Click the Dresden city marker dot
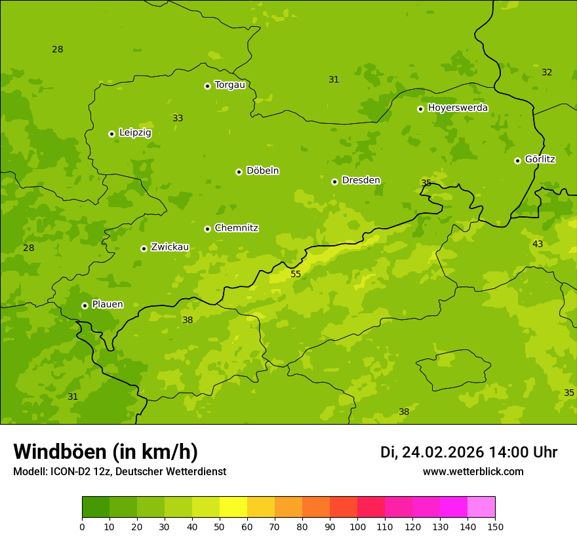point(334,182)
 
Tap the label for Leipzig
point(135,132)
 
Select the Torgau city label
point(229,85)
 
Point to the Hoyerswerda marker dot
point(420,109)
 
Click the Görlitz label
point(540,159)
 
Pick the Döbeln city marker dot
point(239,172)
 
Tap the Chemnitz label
point(236,228)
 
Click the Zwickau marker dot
point(144,248)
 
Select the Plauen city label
point(108,304)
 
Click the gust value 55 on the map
point(296,274)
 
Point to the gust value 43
point(538,244)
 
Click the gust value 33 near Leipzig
point(178,118)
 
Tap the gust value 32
point(547,72)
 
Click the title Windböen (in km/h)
point(106,452)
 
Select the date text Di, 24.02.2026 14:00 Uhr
point(469,452)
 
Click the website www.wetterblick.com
point(473,471)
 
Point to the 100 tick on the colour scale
point(357,526)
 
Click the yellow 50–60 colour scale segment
point(233,507)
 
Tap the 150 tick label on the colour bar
point(495,526)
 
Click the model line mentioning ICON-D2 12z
point(119,471)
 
